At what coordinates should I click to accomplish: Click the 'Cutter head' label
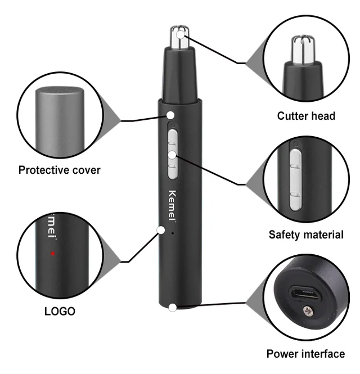click(306, 116)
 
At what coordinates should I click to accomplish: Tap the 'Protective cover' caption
click(59, 169)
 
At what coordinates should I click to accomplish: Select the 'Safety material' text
click(305, 235)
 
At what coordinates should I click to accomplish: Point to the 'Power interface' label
click(305, 354)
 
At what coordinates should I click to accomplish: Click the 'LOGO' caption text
click(60, 311)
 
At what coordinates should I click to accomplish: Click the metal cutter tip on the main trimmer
click(179, 39)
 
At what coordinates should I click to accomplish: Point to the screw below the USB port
click(308, 310)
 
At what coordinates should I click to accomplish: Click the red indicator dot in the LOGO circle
click(52, 254)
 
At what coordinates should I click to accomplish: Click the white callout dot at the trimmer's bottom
click(172, 307)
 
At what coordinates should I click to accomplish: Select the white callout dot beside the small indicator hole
click(161, 229)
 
